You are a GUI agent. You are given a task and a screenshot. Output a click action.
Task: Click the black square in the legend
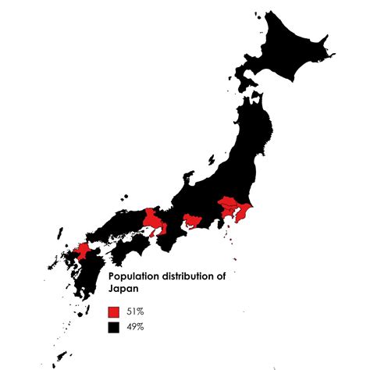[x=113, y=326]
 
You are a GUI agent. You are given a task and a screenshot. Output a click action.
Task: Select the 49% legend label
[x=134, y=326]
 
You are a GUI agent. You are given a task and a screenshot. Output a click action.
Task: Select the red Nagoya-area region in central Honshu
[x=191, y=221]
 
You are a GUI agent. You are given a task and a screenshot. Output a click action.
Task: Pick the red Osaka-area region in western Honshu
[x=156, y=221]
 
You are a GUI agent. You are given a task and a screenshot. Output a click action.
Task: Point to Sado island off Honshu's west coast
[x=211, y=160]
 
